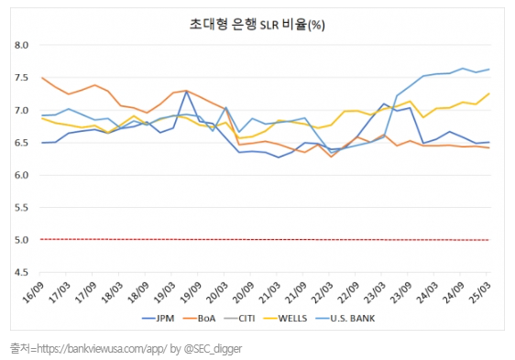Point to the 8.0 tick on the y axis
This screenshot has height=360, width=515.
point(22,45)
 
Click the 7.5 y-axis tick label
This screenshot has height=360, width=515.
point(22,78)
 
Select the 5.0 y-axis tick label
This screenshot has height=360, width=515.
point(22,240)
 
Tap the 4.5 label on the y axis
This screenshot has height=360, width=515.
point(22,273)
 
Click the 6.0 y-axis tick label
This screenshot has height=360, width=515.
point(22,175)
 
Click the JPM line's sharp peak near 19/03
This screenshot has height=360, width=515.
point(187,92)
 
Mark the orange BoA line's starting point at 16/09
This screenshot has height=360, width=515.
point(42,78)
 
